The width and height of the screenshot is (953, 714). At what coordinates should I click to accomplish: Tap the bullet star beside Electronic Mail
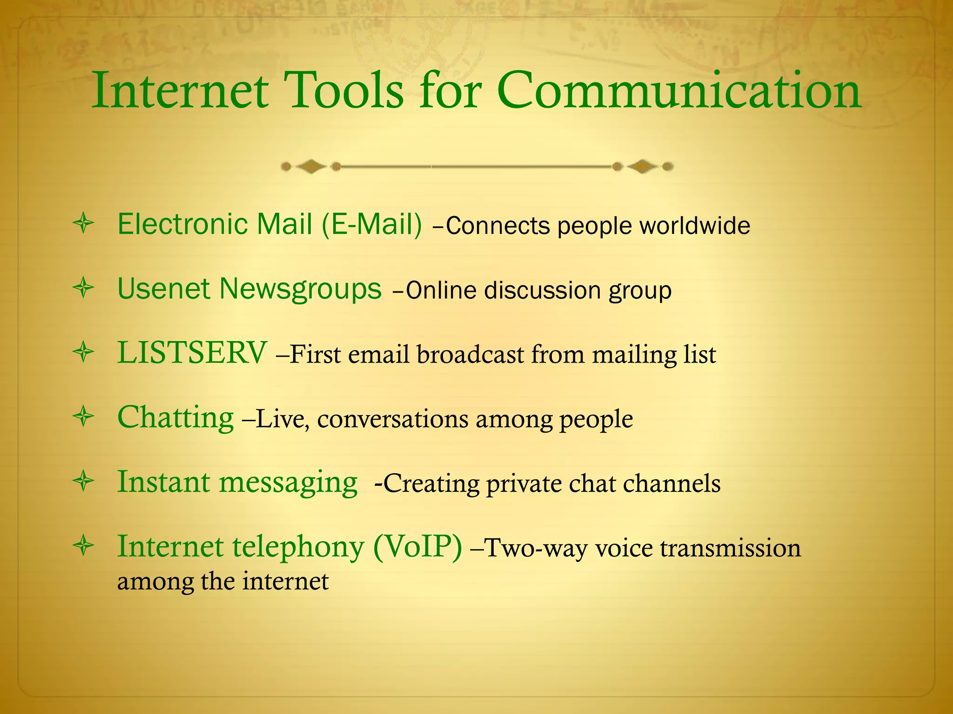(84, 224)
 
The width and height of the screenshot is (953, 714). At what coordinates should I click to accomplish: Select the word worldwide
(694, 226)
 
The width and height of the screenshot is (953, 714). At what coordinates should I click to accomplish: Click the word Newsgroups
(301, 290)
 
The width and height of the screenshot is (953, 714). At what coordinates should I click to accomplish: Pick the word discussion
(543, 291)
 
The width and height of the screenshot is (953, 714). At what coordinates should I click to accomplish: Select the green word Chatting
(175, 417)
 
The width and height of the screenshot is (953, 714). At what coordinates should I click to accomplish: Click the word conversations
(393, 419)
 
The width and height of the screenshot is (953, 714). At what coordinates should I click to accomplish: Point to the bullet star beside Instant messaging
(84, 482)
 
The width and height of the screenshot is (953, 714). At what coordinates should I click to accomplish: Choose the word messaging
(288, 483)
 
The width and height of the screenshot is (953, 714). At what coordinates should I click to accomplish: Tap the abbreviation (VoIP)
(417, 546)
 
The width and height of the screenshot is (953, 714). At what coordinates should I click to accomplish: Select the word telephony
(298, 547)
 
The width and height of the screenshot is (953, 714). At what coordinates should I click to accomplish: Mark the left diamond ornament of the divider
(311, 166)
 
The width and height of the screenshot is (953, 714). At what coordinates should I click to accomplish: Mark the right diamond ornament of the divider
(643, 166)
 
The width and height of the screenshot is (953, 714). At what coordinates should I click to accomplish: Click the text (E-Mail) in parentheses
(372, 224)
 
